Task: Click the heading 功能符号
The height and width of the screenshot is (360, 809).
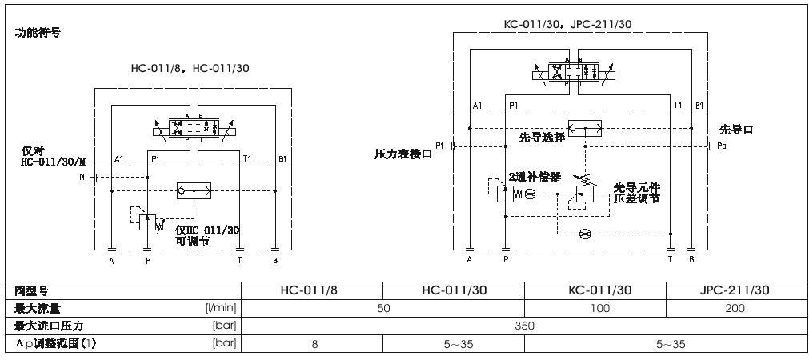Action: (x=38, y=33)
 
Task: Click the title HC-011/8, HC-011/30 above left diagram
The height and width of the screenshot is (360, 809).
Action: (x=190, y=68)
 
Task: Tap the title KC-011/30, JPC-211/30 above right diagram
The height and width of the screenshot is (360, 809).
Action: (x=567, y=24)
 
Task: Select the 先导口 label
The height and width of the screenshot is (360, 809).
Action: (x=736, y=129)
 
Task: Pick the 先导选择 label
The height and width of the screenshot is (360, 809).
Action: (x=542, y=137)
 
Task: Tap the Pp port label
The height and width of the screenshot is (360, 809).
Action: (x=721, y=146)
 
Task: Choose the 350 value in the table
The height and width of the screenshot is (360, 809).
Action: (x=524, y=326)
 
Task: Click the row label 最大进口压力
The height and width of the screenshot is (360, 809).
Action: (x=50, y=326)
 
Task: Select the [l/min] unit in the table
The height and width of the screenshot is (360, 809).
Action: (x=221, y=308)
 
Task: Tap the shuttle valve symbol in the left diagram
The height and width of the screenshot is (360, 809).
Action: (x=193, y=190)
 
